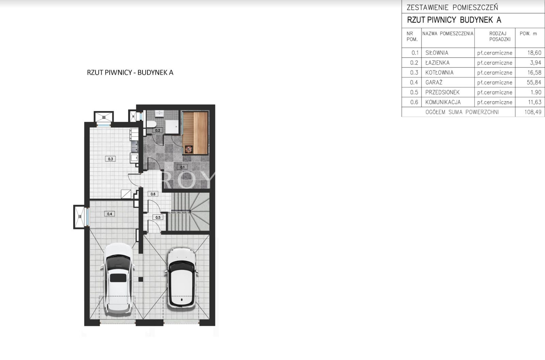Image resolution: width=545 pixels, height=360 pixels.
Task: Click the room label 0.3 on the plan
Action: pyautogui.click(x=110, y=159)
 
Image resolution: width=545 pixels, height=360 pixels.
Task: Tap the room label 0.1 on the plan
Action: pyautogui.click(x=182, y=167)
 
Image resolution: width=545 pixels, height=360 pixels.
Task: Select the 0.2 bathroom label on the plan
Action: pyautogui.click(x=158, y=130)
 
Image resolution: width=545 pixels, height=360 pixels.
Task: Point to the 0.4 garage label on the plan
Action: pyautogui.click(x=109, y=214)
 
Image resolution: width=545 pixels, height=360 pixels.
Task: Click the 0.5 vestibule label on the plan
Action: pyautogui.click(x=158, y=217)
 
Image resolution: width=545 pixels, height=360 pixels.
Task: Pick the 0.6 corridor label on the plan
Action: pyautogui.click(x=153, y=194)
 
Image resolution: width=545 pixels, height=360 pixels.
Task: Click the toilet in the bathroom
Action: pyautogui.click(x=151, y=124)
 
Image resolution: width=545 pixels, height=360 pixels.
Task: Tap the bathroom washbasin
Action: pyautogui.click(x=160, y=113)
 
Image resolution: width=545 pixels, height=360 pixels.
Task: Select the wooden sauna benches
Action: pyautogui.click(x=195, y=133)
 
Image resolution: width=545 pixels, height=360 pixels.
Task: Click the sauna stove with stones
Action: pyautogui.click(x=189, y=150)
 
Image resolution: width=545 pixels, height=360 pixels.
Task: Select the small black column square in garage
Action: pyautogui.click(x=141, y=279)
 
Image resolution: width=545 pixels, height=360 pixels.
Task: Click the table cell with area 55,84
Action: pyautogui.click(x=530, y=82)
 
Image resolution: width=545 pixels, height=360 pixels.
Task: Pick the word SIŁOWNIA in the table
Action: pyautogui.click(x=437, y=53)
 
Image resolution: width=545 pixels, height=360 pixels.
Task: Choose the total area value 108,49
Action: pyautogui.click(x=533, y=112)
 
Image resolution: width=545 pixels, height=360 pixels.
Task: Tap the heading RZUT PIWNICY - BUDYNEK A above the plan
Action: pyautogui.click(x=130, y=73)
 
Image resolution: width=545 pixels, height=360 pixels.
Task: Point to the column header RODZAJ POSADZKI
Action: pyautogui.click(x=500, y=36)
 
